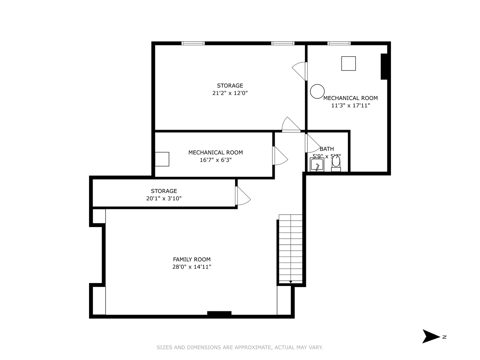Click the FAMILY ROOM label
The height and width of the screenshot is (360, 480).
192,259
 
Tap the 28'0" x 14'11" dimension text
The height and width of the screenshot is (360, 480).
192,267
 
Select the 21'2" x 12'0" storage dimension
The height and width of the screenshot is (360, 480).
230,93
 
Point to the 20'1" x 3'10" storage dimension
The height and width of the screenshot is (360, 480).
164,198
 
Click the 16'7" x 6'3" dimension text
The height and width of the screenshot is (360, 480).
216,160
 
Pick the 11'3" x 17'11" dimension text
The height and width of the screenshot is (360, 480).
351,105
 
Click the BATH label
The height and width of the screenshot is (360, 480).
327,149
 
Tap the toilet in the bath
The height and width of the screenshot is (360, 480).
336,163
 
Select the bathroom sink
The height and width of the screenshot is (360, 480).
317,165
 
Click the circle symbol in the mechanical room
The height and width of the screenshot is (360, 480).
317,91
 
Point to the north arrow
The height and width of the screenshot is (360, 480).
431,336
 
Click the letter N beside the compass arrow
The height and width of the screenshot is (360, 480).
444,337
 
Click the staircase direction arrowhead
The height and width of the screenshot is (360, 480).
291,282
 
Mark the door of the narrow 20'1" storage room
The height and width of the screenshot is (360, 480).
243,197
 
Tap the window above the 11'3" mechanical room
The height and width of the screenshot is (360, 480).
339,43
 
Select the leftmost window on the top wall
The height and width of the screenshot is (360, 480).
193,43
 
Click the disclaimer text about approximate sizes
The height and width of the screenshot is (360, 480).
240,347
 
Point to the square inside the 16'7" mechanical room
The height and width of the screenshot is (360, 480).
162,159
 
